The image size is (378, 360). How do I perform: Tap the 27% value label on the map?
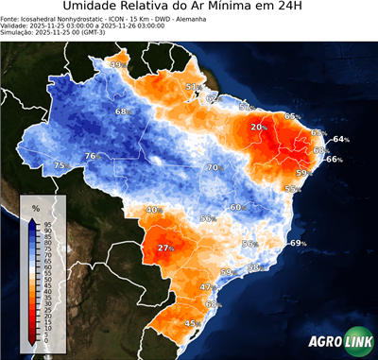(166, 248)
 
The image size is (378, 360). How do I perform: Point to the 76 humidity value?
(91, 156)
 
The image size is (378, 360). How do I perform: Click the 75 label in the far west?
(60, 165)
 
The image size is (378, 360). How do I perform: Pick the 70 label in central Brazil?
(214, 167)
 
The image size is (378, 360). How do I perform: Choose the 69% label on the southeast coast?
(298, 244)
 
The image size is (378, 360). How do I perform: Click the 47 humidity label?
(206, 286)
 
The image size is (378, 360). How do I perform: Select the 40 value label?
(151, 210)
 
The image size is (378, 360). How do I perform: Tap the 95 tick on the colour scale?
(47, 222)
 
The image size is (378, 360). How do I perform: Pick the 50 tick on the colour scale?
(47, 278)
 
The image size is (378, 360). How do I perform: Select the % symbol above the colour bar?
(36, 207)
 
